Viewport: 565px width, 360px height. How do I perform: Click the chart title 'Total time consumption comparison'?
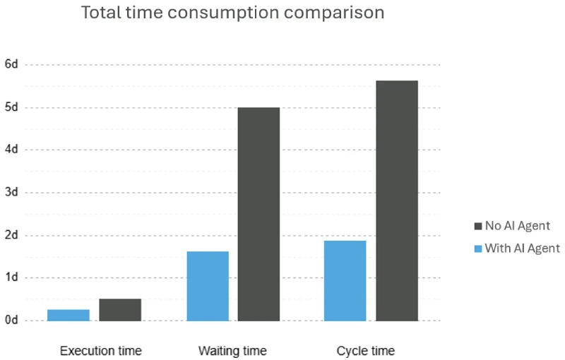coord(233,13)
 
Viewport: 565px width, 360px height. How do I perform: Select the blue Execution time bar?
coord(69,315)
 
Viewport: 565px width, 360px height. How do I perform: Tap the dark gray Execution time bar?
coord(120,310)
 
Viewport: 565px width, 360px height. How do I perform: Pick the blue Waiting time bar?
coord(208,286)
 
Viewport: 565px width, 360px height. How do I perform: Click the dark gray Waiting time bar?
coord(259,214)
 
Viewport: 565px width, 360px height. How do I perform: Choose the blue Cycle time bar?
coord(345,281)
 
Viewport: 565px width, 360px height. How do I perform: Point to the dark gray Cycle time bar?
coord(397,200)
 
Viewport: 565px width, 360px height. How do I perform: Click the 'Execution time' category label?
coord(101,351)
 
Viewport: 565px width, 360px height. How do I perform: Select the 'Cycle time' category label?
coord(366,351)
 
